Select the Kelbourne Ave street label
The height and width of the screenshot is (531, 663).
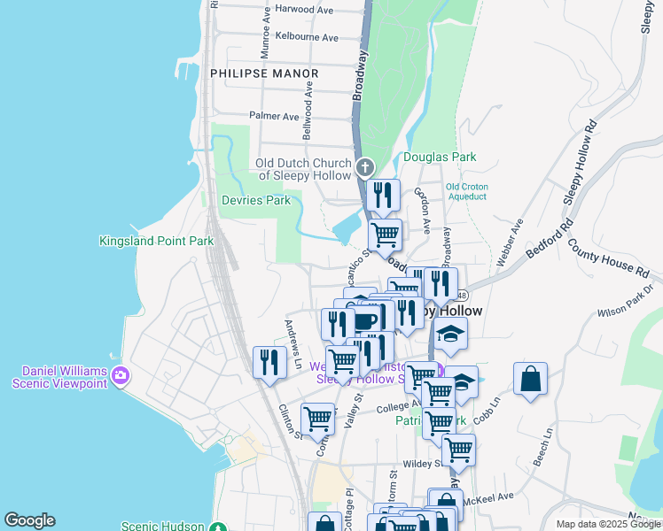pos(307,37)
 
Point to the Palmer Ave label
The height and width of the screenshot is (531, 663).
pos(274,116)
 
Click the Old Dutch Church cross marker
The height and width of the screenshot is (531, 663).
pos(364,167)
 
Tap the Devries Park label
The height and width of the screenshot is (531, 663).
pos(255,201)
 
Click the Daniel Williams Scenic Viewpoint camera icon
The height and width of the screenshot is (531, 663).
pos(121,378)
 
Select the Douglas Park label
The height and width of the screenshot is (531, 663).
pos(440,158)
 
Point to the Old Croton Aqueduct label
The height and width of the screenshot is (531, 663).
pos(465,191)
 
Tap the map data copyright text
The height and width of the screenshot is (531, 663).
pos(609,524)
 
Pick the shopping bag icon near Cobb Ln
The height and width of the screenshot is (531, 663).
pos(530,379)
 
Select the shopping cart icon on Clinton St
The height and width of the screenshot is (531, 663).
pos(317,418)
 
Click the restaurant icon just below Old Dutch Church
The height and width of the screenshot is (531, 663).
pos(383,195)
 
